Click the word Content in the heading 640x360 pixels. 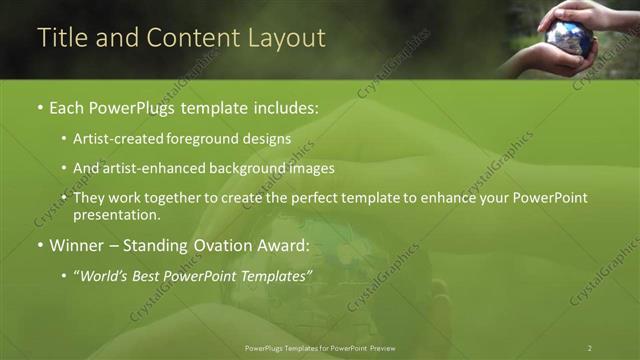click(x=192, y=38)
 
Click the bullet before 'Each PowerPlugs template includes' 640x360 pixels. click(x=39, y=107)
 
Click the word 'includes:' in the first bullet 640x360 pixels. click(x=287, y=107)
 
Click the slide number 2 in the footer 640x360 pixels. click(x=590, y=347)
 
